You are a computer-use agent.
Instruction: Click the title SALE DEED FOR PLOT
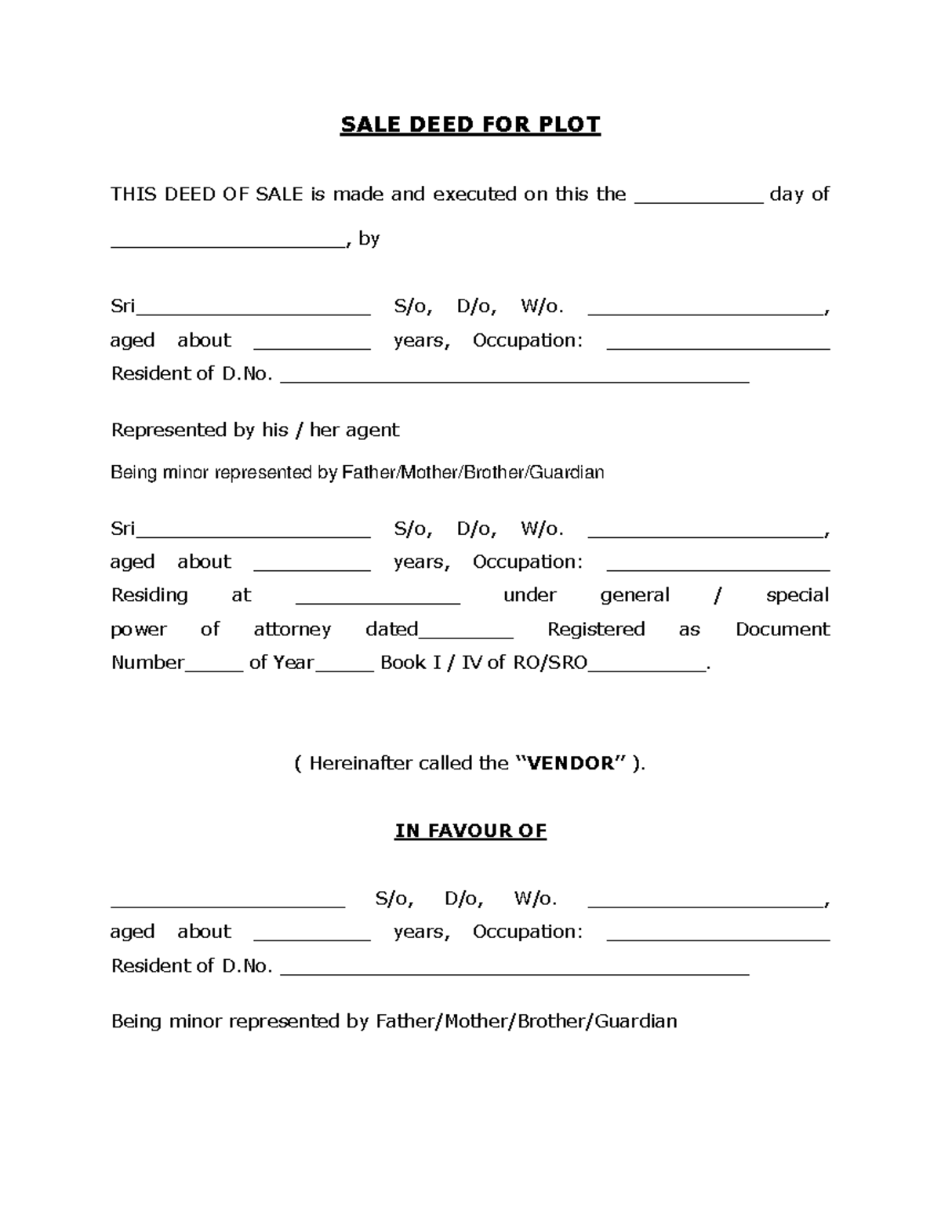point(470,125)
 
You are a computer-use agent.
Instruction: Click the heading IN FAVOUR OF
point(470,831)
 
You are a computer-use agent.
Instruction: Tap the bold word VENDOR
point(572,763)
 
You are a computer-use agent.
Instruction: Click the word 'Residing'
point(149,595)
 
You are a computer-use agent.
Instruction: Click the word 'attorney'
point(292,629)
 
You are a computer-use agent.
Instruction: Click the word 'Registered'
point(595,629)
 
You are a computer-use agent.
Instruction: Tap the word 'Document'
point(782,629)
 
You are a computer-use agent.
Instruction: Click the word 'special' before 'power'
point(797,595)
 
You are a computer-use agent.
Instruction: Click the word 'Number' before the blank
point(147,663)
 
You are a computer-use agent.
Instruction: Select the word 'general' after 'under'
point(634,595)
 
